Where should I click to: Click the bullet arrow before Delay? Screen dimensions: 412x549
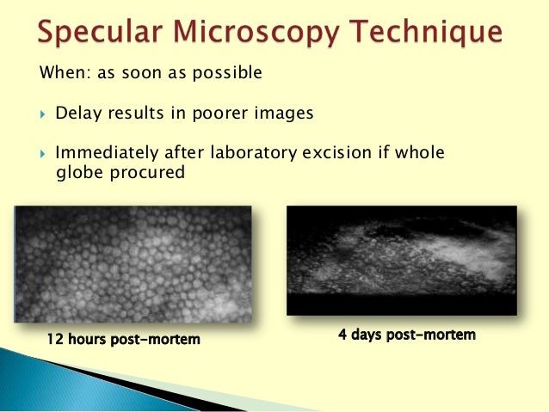point(40,114)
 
